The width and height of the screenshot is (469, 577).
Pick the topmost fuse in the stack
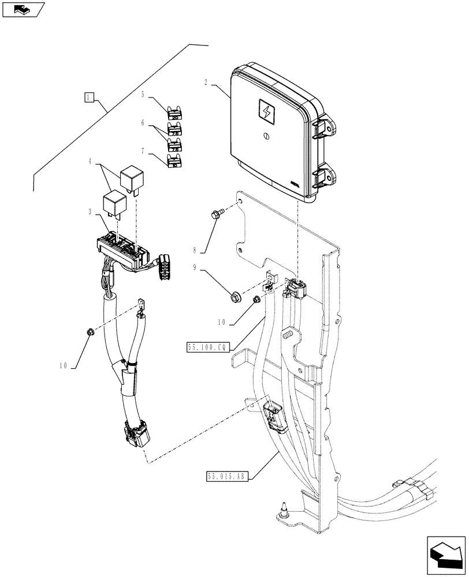click(x=174, y=112)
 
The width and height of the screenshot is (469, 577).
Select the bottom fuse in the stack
click(x=174, y=160)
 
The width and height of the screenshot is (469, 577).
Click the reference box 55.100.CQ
click(x=208, y=347)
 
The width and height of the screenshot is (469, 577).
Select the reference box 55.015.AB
click(x=227, y=476)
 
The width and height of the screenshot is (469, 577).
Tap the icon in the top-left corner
click(x=23, y=9)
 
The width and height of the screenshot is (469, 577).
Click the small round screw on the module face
click(x=266, y=136)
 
